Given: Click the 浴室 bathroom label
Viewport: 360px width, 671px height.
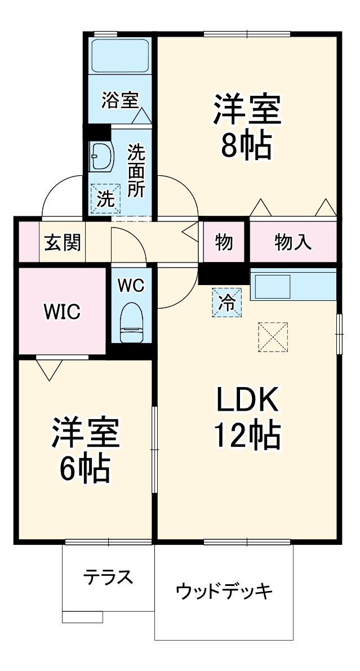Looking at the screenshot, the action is coord(119,100).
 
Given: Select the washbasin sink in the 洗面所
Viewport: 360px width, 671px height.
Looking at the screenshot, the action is coord(101,156).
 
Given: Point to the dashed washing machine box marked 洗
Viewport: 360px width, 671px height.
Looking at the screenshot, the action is coord(105,198).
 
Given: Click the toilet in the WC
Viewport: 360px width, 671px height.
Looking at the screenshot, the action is coord(132,322).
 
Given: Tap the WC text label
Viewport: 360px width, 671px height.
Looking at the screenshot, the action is coord(131,286).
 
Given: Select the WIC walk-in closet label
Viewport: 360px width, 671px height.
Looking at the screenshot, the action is coord(62,312).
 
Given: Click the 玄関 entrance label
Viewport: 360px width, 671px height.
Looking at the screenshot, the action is coord(63,243).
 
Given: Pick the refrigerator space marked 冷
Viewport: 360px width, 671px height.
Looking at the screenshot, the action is coord(227,303).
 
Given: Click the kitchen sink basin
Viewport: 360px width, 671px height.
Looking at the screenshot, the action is coord(273,287).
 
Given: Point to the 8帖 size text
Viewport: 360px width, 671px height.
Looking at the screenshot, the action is coord(246,145).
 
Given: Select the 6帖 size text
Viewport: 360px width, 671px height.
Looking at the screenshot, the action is coord(85,468).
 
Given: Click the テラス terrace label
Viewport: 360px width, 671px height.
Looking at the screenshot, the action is coord(108,577).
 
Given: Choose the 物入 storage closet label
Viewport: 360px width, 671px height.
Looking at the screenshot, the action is coord(293,243).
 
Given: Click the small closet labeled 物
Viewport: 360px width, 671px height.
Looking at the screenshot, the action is coord(224,243).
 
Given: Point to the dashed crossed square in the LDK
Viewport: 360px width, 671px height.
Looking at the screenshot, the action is coord(273,337).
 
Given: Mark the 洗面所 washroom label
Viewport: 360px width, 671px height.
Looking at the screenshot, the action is coord(136,171).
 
